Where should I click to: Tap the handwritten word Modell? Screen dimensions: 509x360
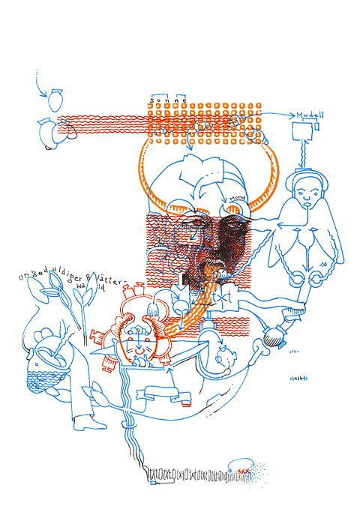click(x=310, y=115)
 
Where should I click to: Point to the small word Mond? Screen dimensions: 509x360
click(x=238, y=199)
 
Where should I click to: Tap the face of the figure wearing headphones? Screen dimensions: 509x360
click(x=307, y=196)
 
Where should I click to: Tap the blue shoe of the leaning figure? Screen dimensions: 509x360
click(x=82, y=424)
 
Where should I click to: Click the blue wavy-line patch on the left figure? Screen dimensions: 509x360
click(x=48, y=370)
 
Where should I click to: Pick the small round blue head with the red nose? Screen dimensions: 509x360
click(x=222, y=360)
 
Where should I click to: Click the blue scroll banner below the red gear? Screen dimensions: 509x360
click(x=160, y=391)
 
